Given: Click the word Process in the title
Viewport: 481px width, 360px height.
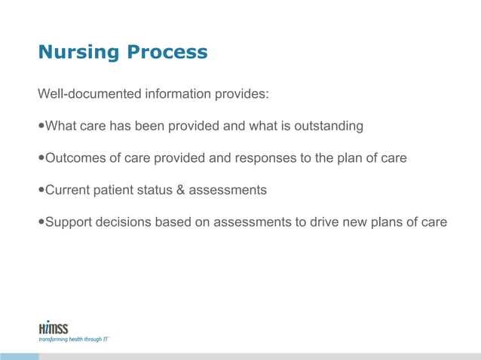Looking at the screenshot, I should [167, 53].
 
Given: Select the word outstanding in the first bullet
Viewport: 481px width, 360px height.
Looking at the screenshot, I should [329, 127].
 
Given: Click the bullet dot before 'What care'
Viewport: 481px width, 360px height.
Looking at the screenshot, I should [41, 127].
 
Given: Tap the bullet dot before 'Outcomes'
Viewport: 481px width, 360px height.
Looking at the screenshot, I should [41, 158].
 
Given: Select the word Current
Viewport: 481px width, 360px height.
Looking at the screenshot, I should [69, 190].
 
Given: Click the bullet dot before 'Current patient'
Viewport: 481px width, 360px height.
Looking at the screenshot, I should [41, 190].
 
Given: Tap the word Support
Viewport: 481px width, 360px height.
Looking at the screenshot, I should [70, 222].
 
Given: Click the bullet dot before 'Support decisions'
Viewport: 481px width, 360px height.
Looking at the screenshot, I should [41, 222].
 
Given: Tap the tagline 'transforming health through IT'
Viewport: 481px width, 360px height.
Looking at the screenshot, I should [74, 340].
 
